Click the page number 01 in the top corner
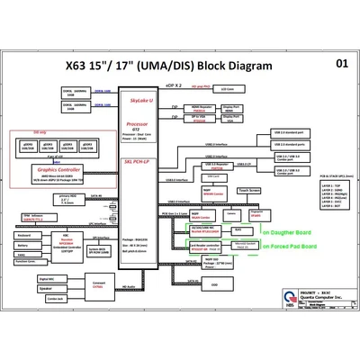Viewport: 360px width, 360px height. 342,64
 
